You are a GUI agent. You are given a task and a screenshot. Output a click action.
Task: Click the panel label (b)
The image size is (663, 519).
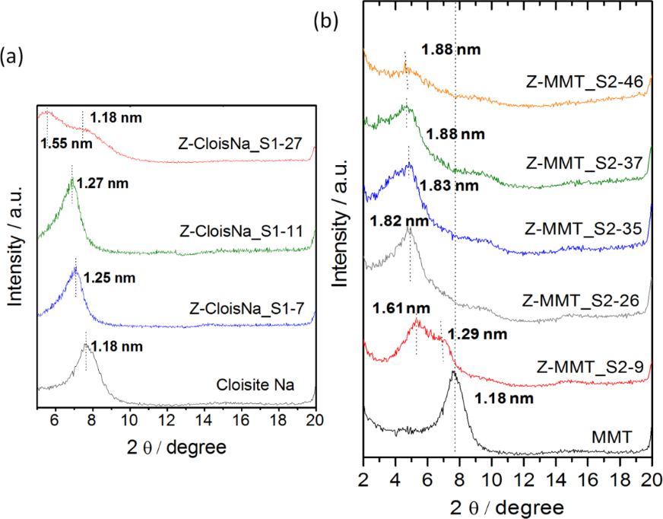326,21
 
